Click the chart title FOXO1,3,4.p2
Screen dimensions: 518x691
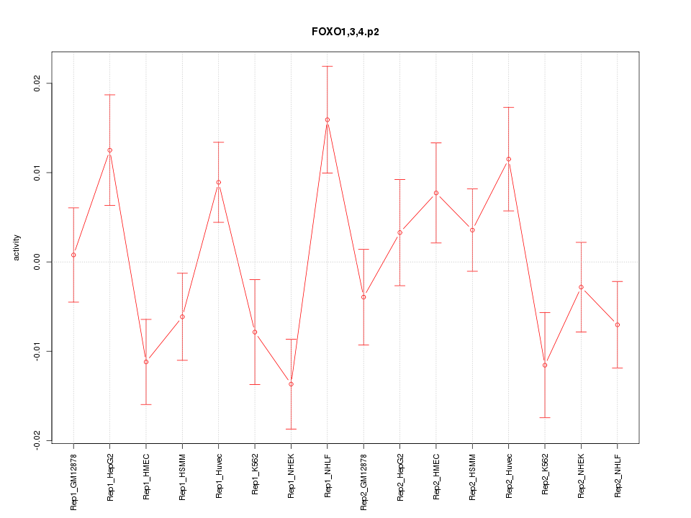tap(345, 32)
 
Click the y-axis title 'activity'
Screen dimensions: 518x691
tap(17, 247)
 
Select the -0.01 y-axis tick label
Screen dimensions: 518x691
tap(38, 351)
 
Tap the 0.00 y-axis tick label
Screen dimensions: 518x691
tap(38, 262)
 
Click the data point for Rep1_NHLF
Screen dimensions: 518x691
tap(328, 119)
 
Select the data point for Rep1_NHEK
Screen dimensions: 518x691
tap(291, 384)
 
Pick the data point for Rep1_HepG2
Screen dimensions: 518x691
tap(109, 150)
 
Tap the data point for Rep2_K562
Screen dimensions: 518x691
tap(545, 365)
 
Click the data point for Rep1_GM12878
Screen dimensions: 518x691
tap(73, 255)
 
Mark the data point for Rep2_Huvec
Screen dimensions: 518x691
tap(509, 159)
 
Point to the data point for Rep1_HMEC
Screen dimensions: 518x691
tap(146, 362)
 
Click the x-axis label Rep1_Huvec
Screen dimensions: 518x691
tap(219, 476)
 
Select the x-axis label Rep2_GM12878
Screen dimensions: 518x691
tap(364, 479)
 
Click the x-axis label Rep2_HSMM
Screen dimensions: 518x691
tap(473, 476)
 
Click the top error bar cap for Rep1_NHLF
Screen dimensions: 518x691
tap(328, 66)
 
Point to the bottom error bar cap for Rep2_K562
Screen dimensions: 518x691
tap(545, 417)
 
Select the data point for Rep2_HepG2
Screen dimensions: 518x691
tap(400, 232)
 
